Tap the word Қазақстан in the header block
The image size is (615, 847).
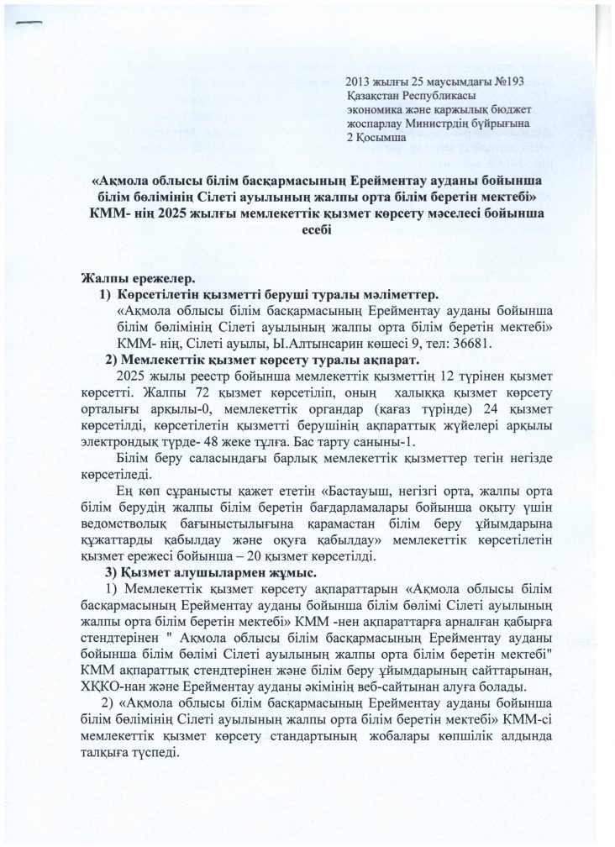(x=372, y=97)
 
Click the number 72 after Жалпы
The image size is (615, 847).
(x=197, y=392)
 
